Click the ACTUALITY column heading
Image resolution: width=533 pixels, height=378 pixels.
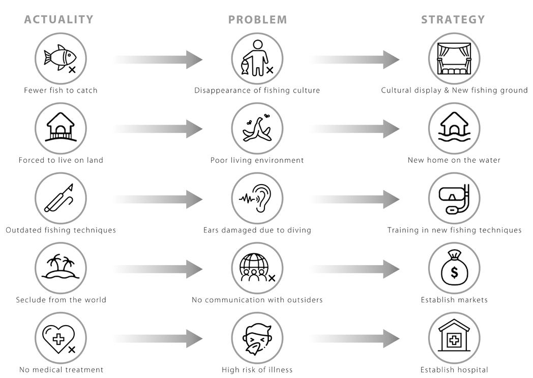click(x=59, y=20)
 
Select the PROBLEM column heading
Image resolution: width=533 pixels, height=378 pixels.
click(x=257, y=20)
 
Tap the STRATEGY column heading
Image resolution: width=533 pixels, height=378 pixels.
click(x=453, y=20)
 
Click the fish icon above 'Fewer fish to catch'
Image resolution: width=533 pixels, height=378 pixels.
click(x=61, y=59)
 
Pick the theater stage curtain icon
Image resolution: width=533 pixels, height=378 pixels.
click(x=454, y=59)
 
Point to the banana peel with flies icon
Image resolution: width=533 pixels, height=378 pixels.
click(x=257, y=128)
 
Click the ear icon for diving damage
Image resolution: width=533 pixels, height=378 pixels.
click(x=257, y=198)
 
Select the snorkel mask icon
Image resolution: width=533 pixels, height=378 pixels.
click(x=454, y=198)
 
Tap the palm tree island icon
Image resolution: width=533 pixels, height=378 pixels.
click(x=61, y=268)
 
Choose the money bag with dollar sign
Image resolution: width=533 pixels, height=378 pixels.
click(x=454, y=268)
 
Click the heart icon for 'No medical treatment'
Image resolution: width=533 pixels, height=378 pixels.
click(x=61, y=338)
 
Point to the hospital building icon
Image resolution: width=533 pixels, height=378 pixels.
click(x=454, y=338)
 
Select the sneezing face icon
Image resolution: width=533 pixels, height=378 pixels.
click(x=257, y=338)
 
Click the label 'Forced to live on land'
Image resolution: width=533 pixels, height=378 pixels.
click(x=61, y=160)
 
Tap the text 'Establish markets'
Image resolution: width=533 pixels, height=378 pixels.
click(x=454, y=300)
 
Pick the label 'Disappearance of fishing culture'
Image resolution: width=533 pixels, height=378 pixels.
click(x=257, y=91)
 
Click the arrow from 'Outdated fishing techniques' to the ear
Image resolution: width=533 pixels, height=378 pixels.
click(x=158, y=199)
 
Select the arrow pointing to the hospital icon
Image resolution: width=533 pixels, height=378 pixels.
click(x=354, y=339)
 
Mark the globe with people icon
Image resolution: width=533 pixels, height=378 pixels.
click(x=257, y=268)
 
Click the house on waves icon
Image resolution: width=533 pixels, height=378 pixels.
click(x=454, y=128)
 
